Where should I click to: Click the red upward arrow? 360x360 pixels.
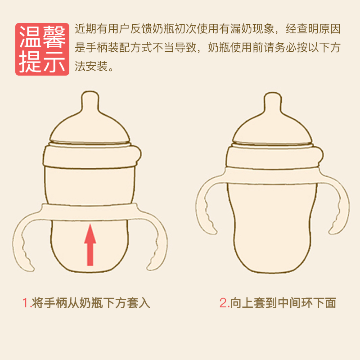(x=90, y=245)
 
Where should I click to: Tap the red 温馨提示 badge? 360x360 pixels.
(x=42, y=49)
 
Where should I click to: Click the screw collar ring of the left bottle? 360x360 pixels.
(x=91, y=156)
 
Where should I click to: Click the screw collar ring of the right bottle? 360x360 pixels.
(x=274, y=157)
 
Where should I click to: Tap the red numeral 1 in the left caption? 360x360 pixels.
(x=25, y=303)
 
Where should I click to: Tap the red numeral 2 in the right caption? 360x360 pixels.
(x=223, y=303)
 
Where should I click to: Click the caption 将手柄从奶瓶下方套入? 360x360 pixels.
(x=91, y=303)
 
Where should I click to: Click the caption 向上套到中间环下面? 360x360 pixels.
(x=283, y=303)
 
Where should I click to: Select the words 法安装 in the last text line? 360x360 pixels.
(x=91, y=66)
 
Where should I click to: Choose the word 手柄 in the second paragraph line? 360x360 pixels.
(x=97, y=48)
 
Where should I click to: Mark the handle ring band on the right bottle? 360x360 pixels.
(x=272, y=175)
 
